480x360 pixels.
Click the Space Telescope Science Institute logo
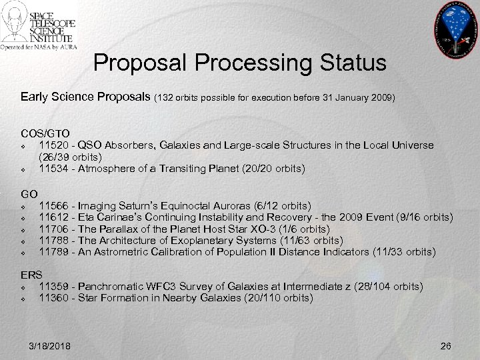pos(39,26)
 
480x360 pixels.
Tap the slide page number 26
pos(445,345)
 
